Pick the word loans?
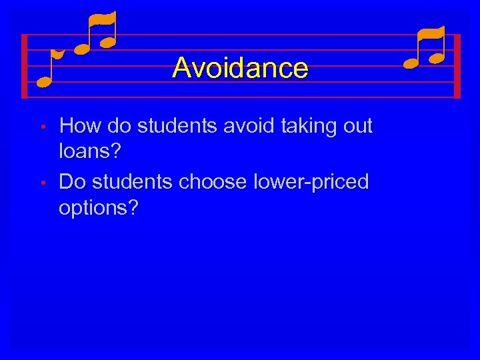(x=90, y=152)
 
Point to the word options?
(x=99, y=209)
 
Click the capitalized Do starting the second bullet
(x=71, y=181)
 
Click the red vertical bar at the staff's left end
(x=24, y=66)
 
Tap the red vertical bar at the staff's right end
(x=457, y=66)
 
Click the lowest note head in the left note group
(x=44, y=83)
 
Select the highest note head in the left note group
(x=107, y=41)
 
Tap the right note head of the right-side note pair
(x=437, y=59)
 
